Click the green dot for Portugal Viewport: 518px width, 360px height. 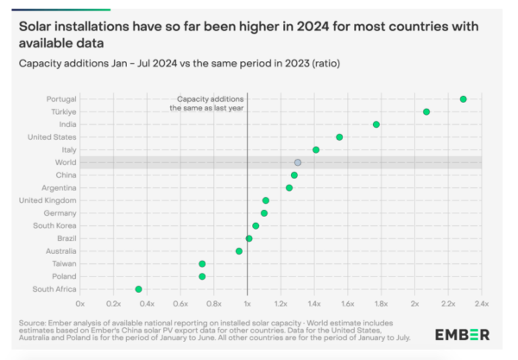(x=464, y=99)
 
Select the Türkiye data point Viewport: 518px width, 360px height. (x=426, y=112)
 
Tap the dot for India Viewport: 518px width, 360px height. (x=376, y=124)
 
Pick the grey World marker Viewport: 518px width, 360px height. (x=298, y=162)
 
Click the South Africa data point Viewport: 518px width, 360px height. (x=138, y=289)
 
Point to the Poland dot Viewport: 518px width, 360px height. (x=202, y=276)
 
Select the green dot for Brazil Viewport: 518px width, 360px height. (x=249, y=238)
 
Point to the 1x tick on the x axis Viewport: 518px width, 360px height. (x=248, y=305)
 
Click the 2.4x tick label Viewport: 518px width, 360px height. (x=481, y=305)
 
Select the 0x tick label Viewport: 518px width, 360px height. (x=80, y=305)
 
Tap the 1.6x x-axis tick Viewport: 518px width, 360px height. (x=348, y=305)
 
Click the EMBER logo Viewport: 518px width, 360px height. (x=463, y=334)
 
